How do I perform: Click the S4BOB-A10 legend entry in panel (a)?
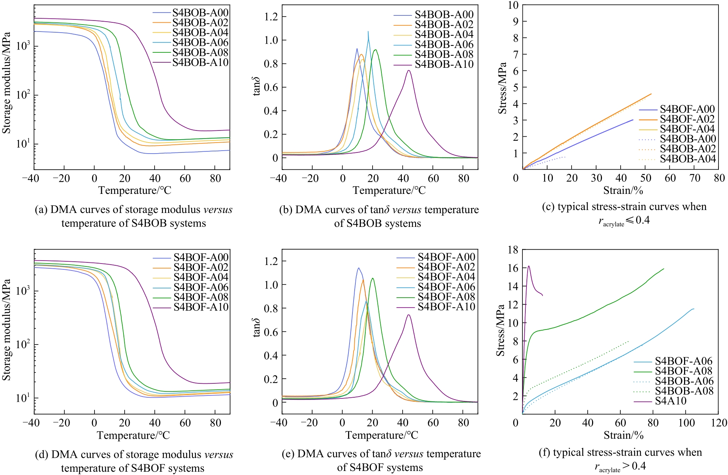tap(200, 63)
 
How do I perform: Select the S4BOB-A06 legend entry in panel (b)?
tap(444, 44)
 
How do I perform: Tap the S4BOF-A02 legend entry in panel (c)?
tap(687, 119)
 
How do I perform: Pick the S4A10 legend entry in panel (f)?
tap(670, 401)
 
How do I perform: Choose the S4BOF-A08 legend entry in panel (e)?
tap(446, 297)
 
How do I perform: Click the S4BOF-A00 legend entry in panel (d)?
tap(201, 257)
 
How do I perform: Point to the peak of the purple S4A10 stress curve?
tap(529, 266)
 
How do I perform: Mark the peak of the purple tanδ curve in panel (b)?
tap(409, 70)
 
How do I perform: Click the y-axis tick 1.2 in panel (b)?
tap(271, 16)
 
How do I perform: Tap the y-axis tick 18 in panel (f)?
tap(513, 250)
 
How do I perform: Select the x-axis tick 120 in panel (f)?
tap(719, 423)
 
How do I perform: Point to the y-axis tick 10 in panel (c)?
tap(513, 5)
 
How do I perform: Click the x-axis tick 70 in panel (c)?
tap(695, 178)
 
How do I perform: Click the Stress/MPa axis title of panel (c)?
tap(502, 88)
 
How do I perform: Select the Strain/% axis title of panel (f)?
tap(624, 435)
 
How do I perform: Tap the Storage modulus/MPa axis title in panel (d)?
tap(6, 330)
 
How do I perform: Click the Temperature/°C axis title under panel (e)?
tap(381, 435)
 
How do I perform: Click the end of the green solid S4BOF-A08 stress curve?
tap(664, 269)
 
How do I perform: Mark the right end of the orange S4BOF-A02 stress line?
tap(651, 94)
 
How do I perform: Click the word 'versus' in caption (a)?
tap(218, 210)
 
